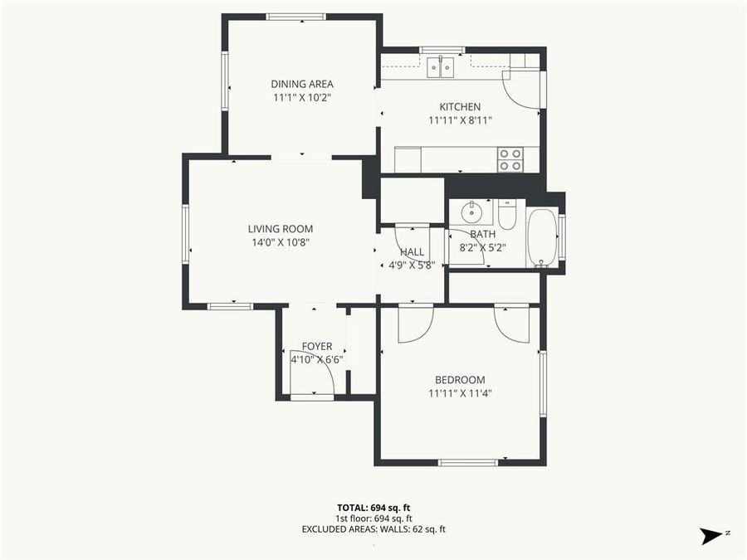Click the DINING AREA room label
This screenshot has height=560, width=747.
click(302, 84)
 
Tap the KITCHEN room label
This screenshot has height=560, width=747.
click(460, 107)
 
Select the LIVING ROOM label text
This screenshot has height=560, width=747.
click(280, 229)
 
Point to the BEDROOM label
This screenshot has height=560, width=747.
click(460, 380)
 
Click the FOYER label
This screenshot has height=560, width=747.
click(316, 347)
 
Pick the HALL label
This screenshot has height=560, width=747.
click(412, 252)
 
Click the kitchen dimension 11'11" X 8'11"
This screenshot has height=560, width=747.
click(460, 120)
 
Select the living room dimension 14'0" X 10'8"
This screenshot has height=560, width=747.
click(280, 242)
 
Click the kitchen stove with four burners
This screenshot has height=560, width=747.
click(510, 159)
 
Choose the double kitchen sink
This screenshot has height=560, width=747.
click(441, 66)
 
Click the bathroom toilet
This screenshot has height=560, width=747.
click(507, 216)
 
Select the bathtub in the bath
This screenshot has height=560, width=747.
click(543, 237)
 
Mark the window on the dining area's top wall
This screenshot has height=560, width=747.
click(296, 17)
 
